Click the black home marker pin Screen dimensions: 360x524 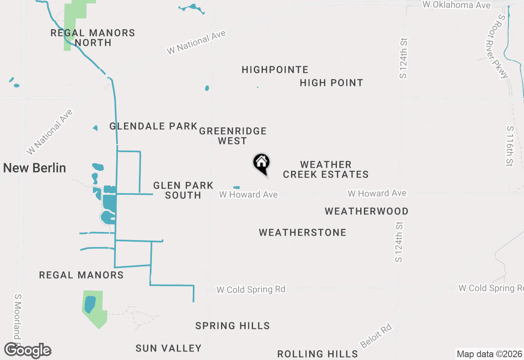(261, 163)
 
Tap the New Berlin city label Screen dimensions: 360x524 (35, 168)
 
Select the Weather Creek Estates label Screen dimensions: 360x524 (326, 169)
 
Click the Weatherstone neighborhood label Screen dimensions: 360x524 (303, 233)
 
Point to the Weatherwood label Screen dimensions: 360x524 (366, 211)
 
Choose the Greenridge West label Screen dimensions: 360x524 (233, 136)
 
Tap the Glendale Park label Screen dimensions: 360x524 (154, 126)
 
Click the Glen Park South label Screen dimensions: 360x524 (183, 191)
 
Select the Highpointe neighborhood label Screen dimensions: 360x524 (275, 70)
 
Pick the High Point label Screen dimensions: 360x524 (331, 83)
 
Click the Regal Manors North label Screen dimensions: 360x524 (93, 38)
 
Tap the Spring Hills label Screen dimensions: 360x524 (233, 326)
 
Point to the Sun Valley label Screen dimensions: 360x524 (169, 348)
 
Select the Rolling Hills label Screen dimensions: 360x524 (318, 354)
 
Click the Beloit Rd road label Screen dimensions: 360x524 (376, 336)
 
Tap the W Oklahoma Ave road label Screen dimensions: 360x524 (456, 5)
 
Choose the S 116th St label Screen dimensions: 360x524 (510, 146)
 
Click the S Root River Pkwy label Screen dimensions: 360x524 (497, 46)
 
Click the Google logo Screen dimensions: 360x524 (27, 350)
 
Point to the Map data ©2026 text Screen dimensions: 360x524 (489, 354)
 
